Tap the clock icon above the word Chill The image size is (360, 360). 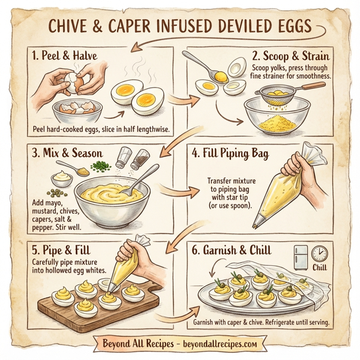coord(319,253)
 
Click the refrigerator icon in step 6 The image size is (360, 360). coord(301,257)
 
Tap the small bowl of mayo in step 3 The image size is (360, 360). coord(63,179)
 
